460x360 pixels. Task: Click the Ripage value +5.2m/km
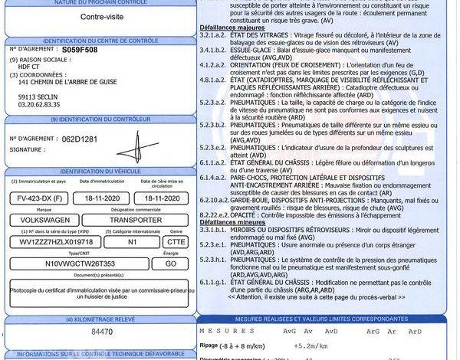tap(299, 345)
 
